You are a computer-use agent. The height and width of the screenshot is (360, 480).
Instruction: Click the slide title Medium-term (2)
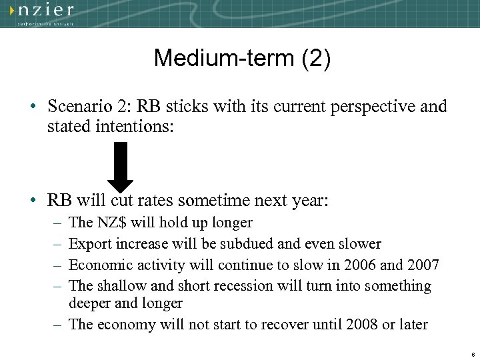(x=241, y=59)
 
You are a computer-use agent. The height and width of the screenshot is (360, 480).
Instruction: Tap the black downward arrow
(x=121, y=166)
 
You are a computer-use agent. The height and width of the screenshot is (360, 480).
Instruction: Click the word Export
(x=90, y=244)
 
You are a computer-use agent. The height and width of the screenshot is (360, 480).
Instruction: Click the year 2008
(x=361, y=325)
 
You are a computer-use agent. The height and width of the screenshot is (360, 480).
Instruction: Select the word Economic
(x=101, y=265)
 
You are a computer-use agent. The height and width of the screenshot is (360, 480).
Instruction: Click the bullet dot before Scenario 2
(x=33, y=107)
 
